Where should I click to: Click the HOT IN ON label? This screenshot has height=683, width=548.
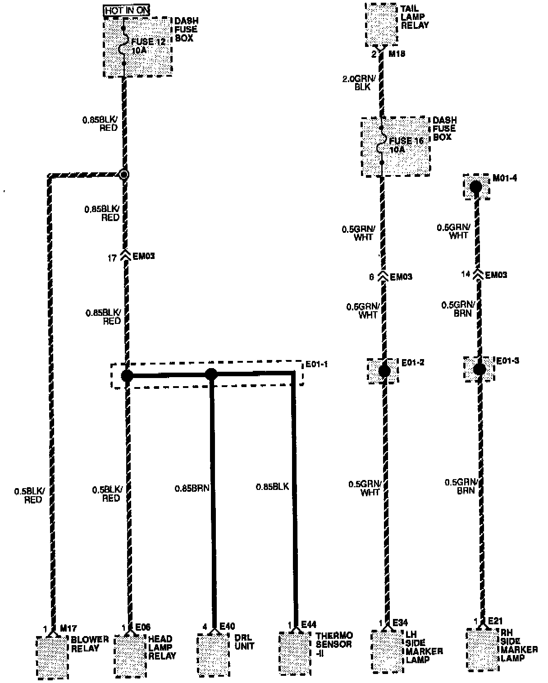(x=127, y=10)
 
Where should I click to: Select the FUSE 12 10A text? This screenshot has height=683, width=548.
(x=148, y=46)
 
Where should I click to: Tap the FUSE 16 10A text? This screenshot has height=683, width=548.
(x=406, y=145)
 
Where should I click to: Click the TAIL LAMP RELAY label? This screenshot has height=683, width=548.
(x=415, y=17)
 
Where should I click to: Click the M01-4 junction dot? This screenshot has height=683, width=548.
(x=476, y=186)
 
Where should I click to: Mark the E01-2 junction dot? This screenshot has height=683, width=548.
(x=384, y=371)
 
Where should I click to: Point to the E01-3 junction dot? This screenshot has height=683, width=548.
(x=479, y=369)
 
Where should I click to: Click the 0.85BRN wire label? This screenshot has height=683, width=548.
(x=192, y=488)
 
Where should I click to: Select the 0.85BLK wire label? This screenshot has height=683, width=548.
(x=272, y=487)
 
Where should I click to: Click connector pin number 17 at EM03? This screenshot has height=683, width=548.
(x=112, y=258)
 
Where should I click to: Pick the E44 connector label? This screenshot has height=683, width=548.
(x=309, y=625)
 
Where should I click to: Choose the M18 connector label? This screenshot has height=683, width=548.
(x=397, y=54)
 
